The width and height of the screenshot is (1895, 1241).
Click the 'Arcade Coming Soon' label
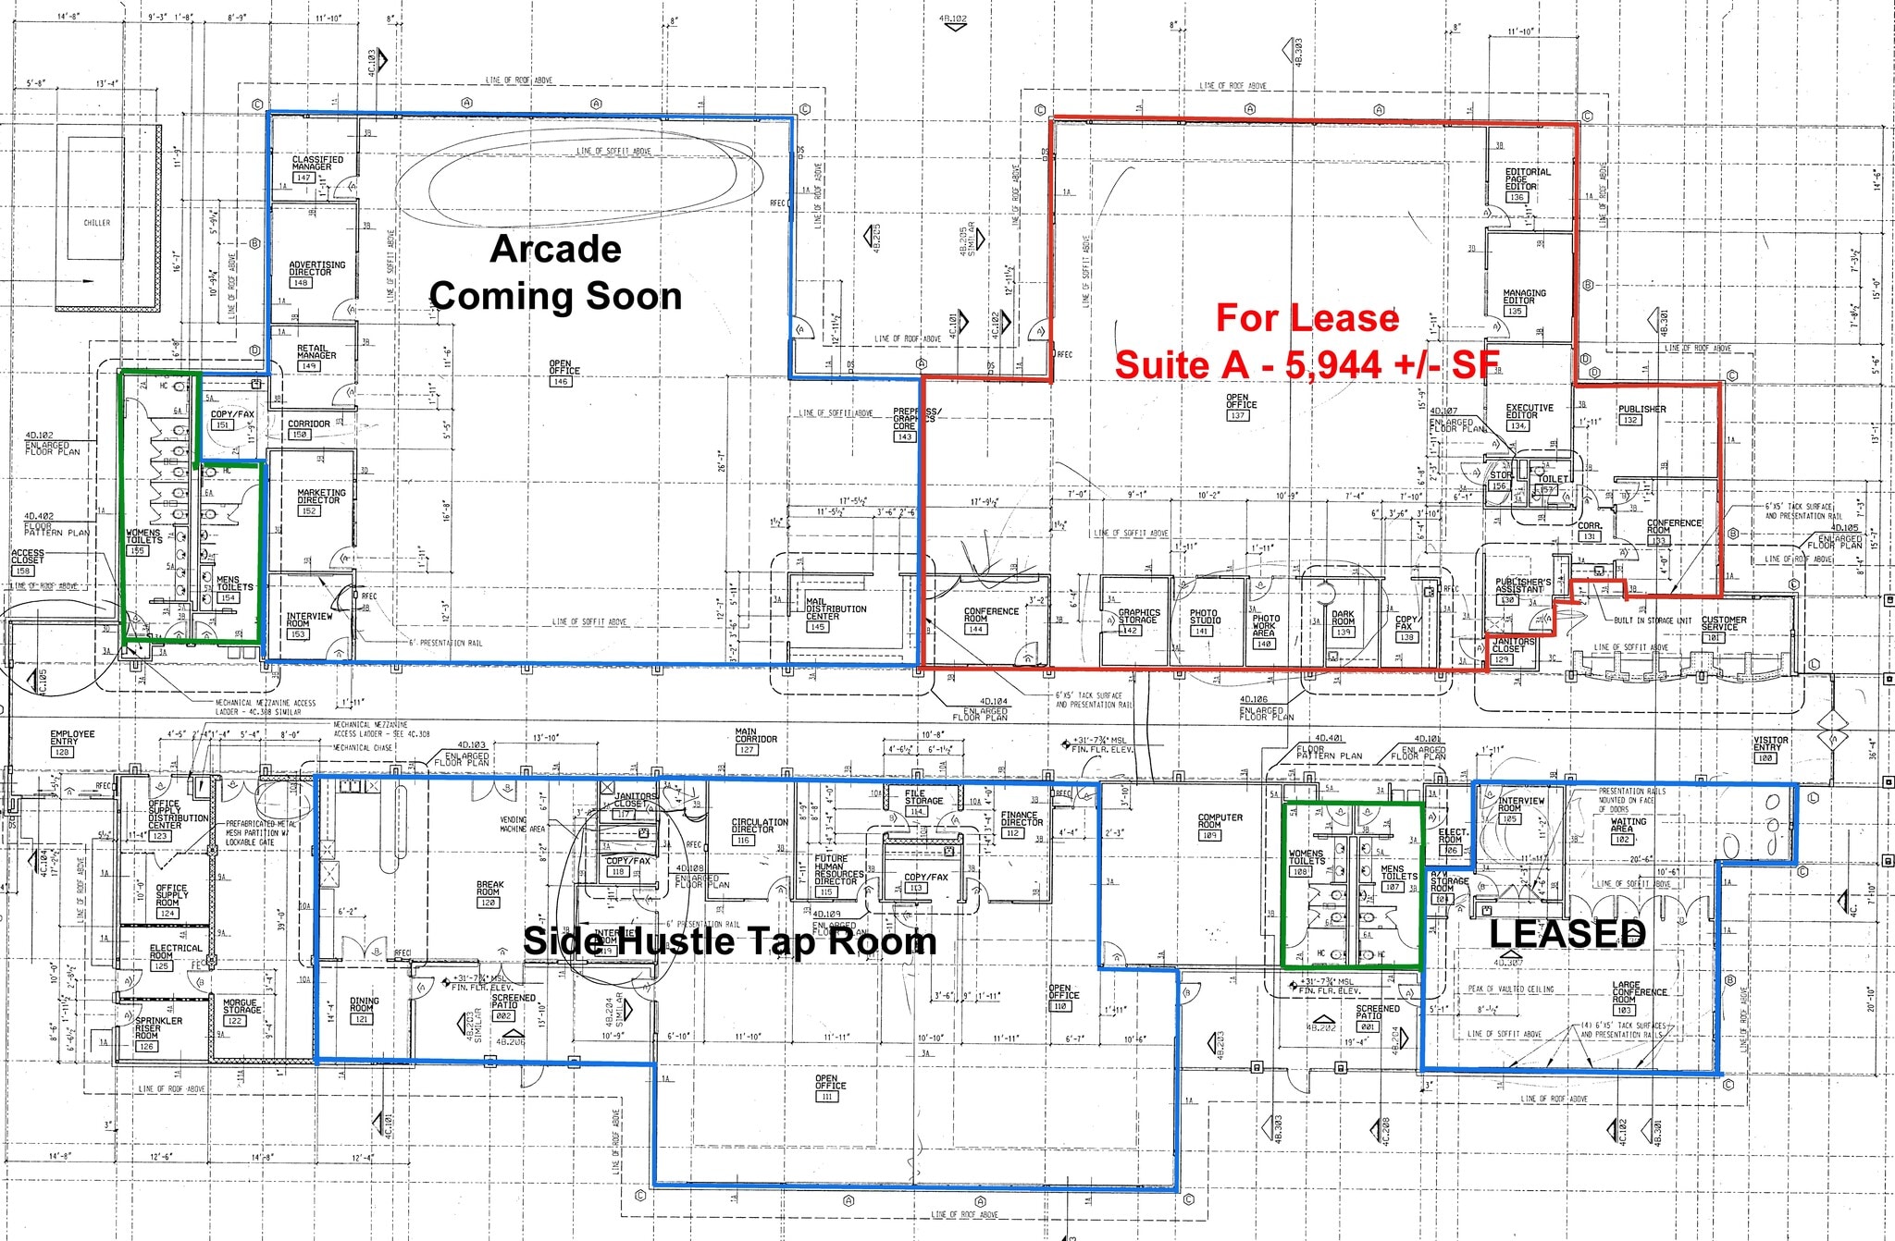pyautogui.click(x=555, y=273)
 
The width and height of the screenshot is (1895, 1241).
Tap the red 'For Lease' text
pyautogui.click(x=1307, y=318)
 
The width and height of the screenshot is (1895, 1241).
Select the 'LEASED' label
pyautogui.click(x=1567, y=933)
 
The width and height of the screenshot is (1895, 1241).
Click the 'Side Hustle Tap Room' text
pyautogui.click(x=729, y=941)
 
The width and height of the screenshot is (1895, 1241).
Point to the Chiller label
pyautogui.click(x=96, y=223)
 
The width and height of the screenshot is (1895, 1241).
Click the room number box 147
pyautogui.click(x=303, y=178)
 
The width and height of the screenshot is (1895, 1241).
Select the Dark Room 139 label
pyautogui.click(x=1343, y=622)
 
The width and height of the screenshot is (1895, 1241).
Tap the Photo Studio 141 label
pyautogui.click(x=1203, y=621)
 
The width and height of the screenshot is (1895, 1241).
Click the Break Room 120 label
pyautogui.click(x=489, y=892)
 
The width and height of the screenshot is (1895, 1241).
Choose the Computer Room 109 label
pyautogui.click(x=1220, y=825)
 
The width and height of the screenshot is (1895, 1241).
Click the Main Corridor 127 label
pyautogui.click(x=756, y=740)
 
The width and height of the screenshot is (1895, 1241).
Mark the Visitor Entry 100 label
pyautogui.click(x=1770, y=748)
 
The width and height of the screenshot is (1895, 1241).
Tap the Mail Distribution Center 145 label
pyautogui.click(x=835, y=613)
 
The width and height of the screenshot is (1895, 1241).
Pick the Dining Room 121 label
pyautogui.click(x=364, y=1009)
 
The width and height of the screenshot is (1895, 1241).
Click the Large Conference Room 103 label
pyautogui.click(x=1639, y=997)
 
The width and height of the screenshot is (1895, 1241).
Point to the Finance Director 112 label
pyautogui.click(x=1021, y=823)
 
